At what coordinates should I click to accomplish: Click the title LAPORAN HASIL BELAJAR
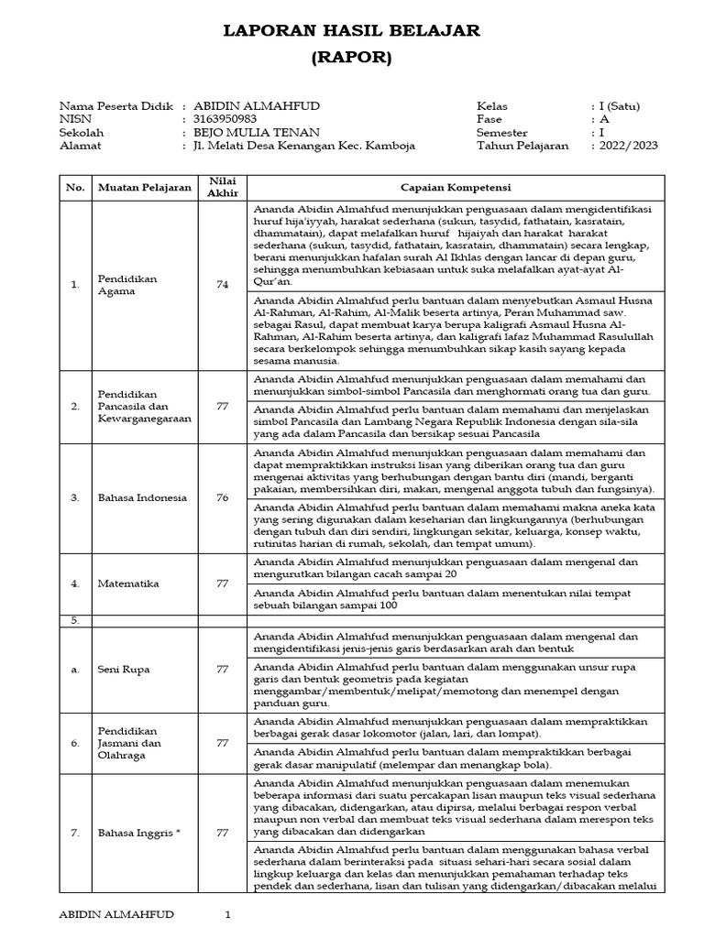[352, 32]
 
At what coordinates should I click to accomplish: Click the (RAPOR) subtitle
[352, 59]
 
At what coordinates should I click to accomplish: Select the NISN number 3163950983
[225, 119]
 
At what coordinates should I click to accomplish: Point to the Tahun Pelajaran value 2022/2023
[628, 146]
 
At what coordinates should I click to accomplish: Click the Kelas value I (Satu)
[620, 106]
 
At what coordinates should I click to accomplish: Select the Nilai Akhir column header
[223, 187]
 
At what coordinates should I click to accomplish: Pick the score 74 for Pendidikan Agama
[223, 285]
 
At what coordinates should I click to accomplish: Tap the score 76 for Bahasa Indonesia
[223, 497]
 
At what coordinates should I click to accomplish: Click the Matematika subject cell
[127, 583]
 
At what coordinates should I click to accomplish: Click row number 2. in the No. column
[74, 406]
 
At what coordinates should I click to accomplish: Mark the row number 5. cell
[74, 620]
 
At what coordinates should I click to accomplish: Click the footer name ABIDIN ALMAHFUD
[116, 914]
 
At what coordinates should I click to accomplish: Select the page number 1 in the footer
[228, 914]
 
